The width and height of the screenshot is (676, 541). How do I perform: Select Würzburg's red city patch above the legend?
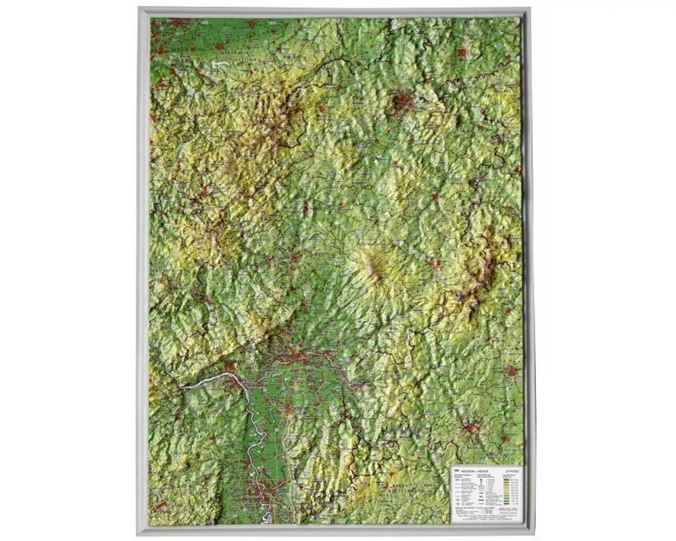coord(472,427)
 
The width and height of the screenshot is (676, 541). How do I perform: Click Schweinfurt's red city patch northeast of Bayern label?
coord(512,371)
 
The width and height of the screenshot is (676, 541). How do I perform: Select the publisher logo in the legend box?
coord(510,470)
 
